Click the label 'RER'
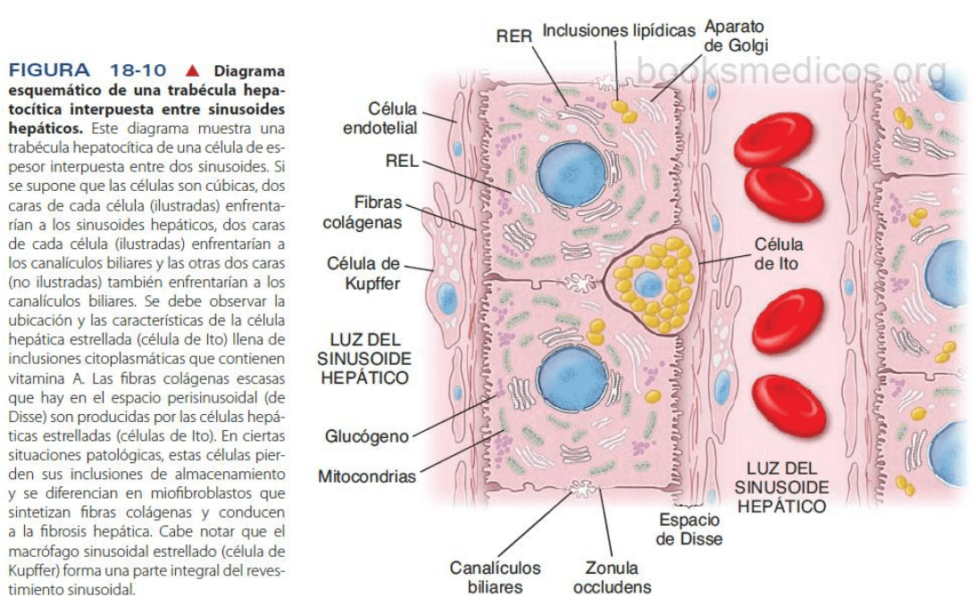(x=514, y=36)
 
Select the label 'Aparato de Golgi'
(x=735, y=36)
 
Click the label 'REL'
(x=402, y=162)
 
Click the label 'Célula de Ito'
(x=778, y=253)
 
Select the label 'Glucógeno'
(x=368, y=436)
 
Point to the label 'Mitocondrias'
(x=367, y=477)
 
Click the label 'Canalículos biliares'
(x=495, y=576)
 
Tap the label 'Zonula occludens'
(x=612, y=576)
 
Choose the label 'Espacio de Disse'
(x=689, y=529)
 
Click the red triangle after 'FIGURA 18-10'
(x=190, y=70)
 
